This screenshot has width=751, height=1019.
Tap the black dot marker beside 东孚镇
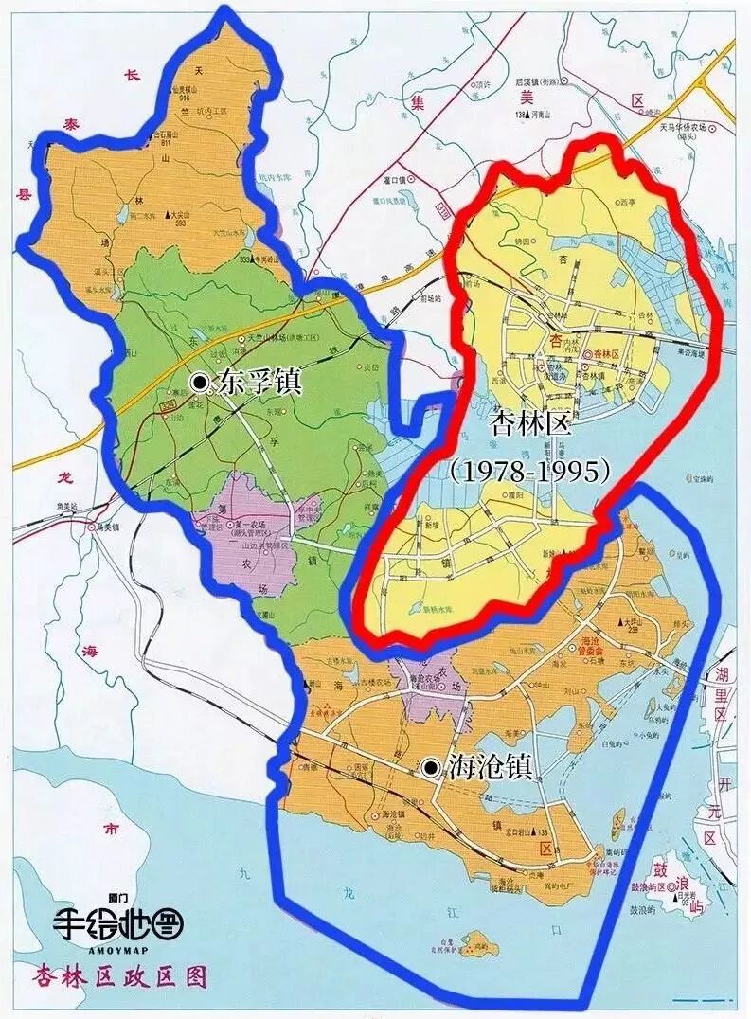200,382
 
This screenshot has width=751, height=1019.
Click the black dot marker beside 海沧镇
432,768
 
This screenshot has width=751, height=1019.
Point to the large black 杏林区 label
530,423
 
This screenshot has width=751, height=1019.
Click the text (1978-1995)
530,471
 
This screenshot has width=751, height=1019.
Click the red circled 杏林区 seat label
606,352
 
